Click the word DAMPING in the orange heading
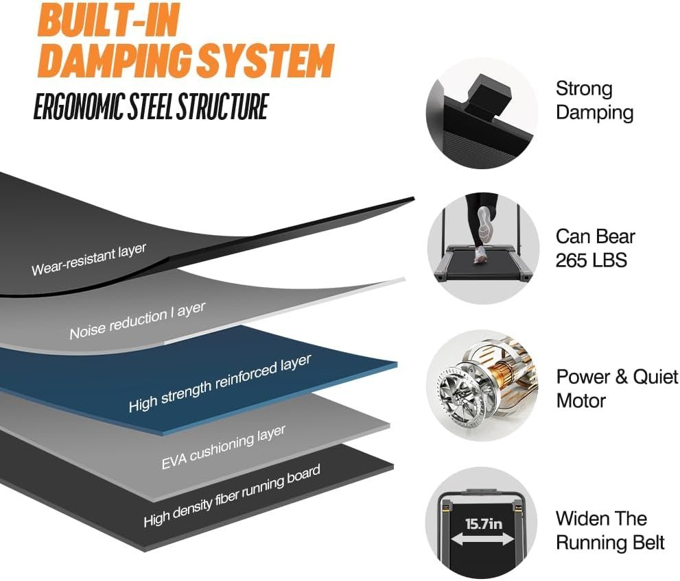pyautogui.click(x=117, y=62)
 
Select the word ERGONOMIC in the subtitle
pyautogui.click(x=78, y=108)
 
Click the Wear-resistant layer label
pyautogui.click(x=89, y=259)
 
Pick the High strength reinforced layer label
pyautogui.click(x=220, y=383)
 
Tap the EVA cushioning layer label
pyautogui.click(x=224, y=447)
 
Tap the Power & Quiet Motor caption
pyautogui.click(x=616, y=388)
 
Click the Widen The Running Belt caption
pyautogui.click(x=609, y=530)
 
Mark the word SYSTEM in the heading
pyautogui.click(x=266, y=62)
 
